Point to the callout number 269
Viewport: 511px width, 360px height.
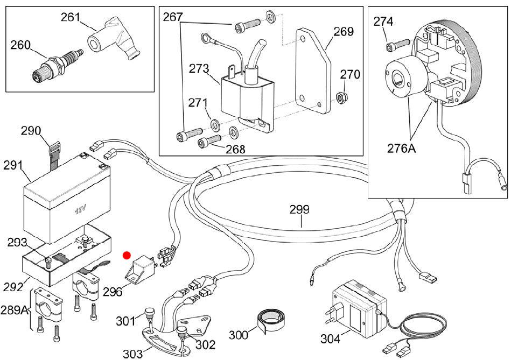(x=344, y=32)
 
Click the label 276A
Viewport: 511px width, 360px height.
(x=401, y=147)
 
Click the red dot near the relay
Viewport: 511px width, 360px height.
(x=127, y=255)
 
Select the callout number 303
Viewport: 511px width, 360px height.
(x=132, y=352)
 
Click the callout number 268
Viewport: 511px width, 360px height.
(x=235, y=149)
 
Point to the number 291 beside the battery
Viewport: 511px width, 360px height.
(x=14, y=165)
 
